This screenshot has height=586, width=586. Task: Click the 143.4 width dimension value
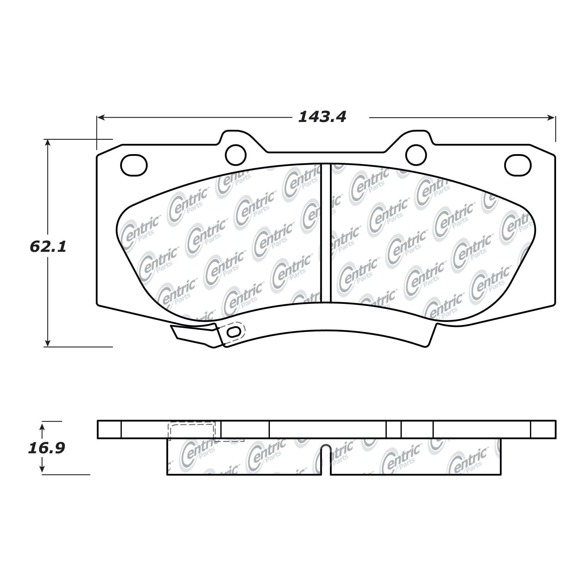click(x=322, y=117)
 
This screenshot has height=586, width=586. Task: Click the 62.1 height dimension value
click(x=48, y=247)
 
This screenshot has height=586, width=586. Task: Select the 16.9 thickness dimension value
click(x=46, y=448)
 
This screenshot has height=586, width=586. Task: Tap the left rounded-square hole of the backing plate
click(x=134, y=165)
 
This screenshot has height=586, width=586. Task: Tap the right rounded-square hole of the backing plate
click(x=518, y=165)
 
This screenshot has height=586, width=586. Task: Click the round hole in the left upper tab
click(x=236, y=155)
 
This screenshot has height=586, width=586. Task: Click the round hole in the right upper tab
click(x=416, y=155)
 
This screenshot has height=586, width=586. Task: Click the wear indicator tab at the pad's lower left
click(x=194, y=335)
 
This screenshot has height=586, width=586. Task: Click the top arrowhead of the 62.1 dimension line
click(x=47, y=143)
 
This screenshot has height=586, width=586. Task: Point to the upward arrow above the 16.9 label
click(x=42, y=427)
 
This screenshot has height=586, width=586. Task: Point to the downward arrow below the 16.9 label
click(x=42, y=469)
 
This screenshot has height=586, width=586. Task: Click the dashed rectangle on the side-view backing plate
click(x=192, y=430)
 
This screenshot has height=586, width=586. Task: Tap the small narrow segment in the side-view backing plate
click(x=393, y=430)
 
